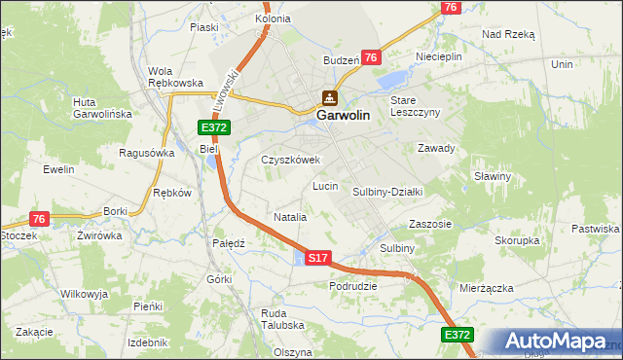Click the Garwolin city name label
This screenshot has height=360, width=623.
342,114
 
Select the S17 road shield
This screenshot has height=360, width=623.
318,258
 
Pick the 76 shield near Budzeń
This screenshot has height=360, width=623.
370,58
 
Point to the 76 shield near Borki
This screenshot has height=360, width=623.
39,219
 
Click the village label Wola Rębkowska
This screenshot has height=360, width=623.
174,76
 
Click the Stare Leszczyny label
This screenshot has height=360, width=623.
415,105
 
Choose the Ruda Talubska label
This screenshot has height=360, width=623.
283,319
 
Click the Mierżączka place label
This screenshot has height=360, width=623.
487,288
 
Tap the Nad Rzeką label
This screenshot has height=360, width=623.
508,33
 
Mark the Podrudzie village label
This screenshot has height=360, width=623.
353,286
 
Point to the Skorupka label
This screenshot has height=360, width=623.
517,239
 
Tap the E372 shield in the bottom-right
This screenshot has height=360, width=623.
458,335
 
